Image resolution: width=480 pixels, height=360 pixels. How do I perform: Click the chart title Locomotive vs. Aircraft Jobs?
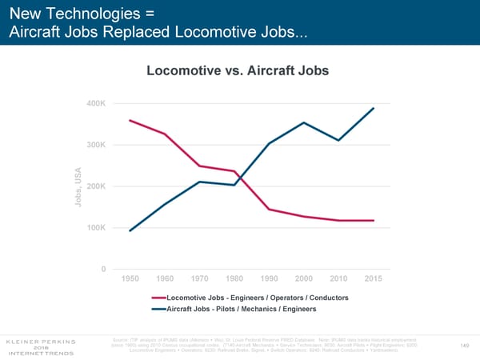pos(238,71)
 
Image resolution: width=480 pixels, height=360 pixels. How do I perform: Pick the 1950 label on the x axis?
pos(130,278)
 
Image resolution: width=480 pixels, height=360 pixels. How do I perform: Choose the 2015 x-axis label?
pos(374,278)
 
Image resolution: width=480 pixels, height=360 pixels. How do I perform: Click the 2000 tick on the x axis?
pos(304,278)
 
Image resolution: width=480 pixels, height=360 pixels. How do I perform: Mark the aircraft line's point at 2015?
pos(374,108)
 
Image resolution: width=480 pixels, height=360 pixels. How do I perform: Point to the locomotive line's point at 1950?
pos(130,120)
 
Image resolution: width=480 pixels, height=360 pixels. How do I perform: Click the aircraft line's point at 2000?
pos(304,122)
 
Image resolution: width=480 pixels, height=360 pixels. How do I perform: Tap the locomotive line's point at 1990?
pos(269,210)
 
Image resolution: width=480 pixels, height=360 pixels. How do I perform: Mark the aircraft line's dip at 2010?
pos(338,140)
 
